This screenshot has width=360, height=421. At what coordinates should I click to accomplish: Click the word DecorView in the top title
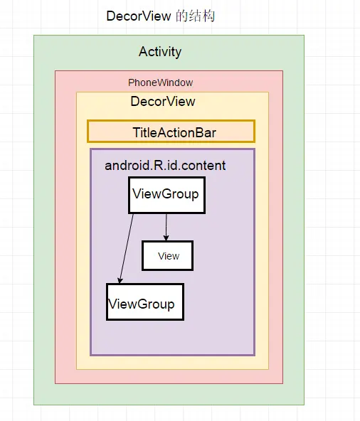tap(138, 16)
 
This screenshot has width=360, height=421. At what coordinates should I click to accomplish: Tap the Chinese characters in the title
tap(196, 16)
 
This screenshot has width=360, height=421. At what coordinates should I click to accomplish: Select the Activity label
tap(160, 52)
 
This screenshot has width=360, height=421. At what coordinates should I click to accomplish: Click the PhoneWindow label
tap(160, 82)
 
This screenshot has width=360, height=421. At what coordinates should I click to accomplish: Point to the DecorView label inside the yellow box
tap(163, 102)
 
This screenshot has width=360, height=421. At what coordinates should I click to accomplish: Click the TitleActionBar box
tap(171, 132)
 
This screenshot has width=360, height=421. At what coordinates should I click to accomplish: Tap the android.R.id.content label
tap(165, 166)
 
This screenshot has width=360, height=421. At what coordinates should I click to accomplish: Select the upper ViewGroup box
tap(166, 195)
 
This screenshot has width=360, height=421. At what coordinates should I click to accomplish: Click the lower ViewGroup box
tap(145, 302)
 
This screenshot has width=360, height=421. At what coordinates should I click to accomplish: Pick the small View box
tap(168, 255)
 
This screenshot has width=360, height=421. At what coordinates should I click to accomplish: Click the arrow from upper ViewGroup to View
tap(166, 227)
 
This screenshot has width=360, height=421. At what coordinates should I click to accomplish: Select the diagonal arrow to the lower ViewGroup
tap(126, 249)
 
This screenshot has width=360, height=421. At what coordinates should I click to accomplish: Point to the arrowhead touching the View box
tap(166, 238)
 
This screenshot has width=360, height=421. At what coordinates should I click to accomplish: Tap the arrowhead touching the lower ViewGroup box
tap(120, 281)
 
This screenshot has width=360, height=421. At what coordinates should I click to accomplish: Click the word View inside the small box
tap(169, 256)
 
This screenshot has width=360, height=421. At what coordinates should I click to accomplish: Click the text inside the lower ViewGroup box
tap(142, 304)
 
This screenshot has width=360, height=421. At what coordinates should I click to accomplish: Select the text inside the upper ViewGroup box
tap(166, 194)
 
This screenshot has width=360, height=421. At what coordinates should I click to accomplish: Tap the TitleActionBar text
tap(174, 133)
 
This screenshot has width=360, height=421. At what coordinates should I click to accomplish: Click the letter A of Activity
tap(143, 51)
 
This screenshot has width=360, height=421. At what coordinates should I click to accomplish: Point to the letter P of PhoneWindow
tap(131, 82)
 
